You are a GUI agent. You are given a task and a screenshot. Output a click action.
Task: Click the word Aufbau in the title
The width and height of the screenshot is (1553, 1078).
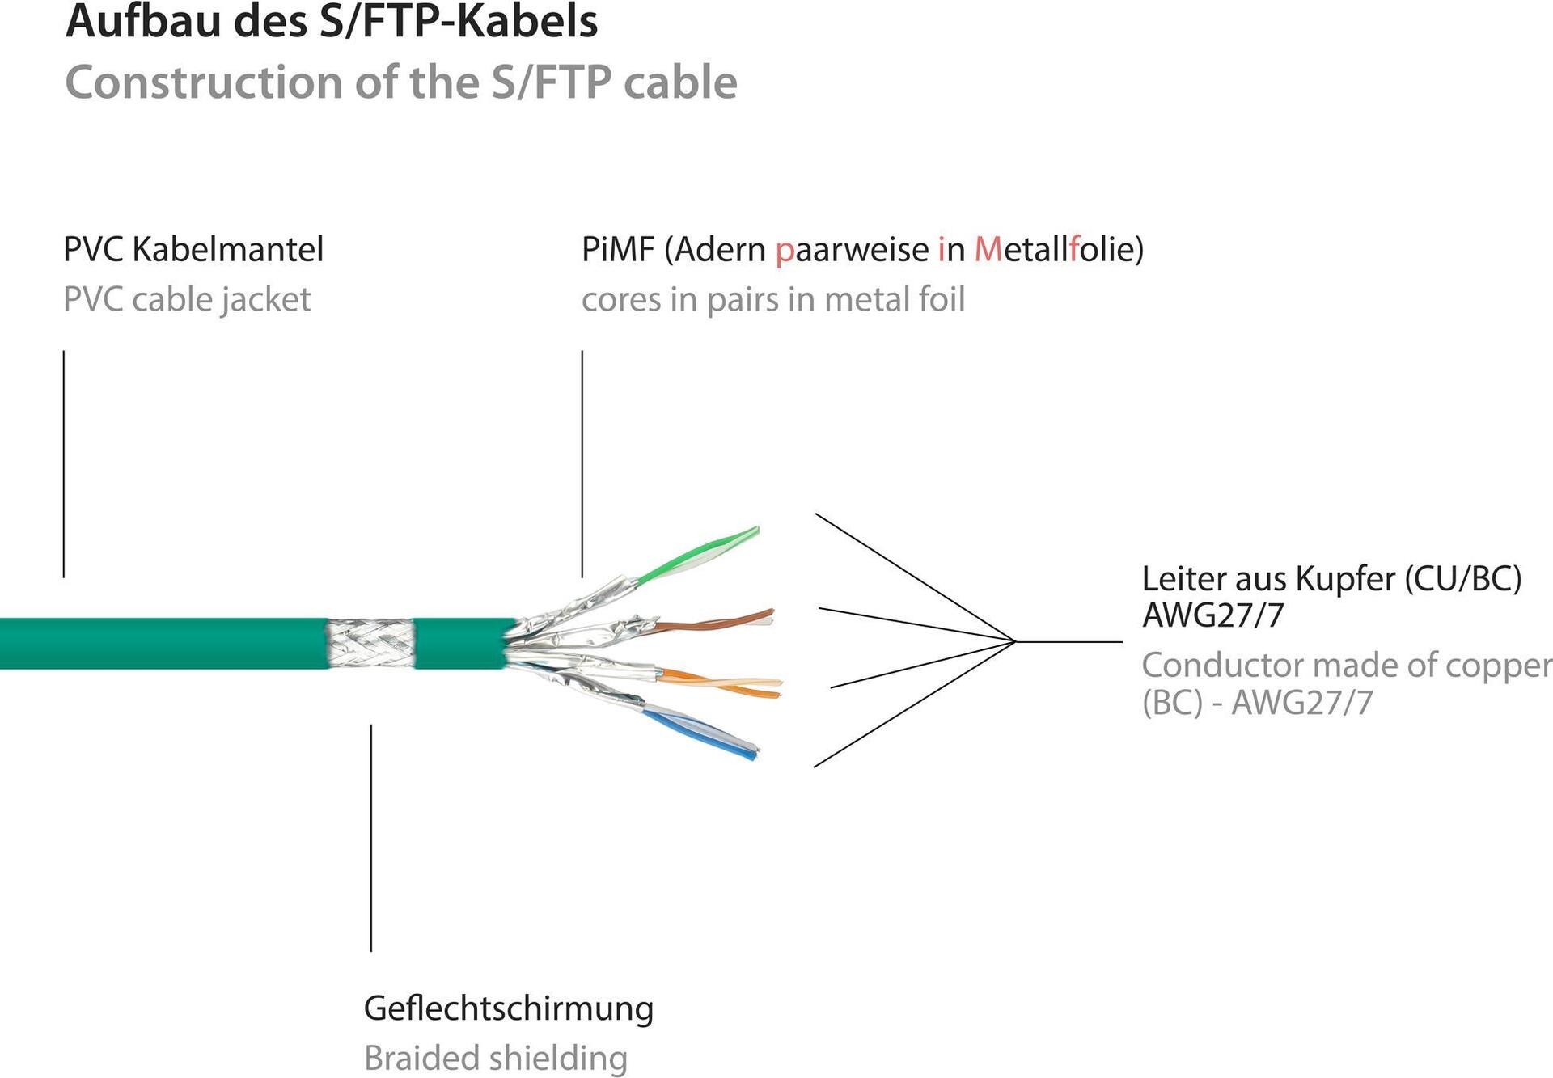point(142,22)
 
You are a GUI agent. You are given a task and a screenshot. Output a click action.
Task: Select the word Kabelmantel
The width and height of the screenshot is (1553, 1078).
point(227,249)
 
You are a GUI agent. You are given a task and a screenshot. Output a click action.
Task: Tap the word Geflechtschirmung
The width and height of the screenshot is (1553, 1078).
point(508,1008)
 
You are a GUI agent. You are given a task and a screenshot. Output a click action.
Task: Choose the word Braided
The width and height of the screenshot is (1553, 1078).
point(411,1058)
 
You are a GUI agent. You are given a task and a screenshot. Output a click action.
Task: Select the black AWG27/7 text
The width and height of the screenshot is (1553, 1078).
point(1212,616)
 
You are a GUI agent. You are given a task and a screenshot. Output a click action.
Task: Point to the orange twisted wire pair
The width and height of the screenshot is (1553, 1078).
point(720,683)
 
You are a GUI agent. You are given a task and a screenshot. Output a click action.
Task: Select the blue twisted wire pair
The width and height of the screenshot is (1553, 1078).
point(700,732)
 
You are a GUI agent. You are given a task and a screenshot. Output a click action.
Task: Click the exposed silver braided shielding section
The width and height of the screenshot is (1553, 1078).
point(370,643)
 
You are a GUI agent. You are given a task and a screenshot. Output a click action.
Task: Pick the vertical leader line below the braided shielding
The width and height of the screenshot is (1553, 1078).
point(371,837)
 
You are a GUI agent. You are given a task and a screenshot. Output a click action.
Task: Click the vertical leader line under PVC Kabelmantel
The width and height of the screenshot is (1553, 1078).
point(64,463)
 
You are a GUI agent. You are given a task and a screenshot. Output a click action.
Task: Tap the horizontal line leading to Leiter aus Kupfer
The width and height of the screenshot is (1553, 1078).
point(1068,642)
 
